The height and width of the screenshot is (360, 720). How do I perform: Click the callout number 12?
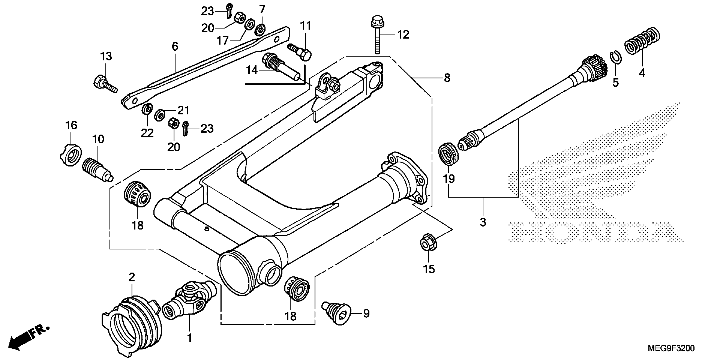403,35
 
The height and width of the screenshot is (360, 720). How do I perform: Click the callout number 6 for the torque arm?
175,46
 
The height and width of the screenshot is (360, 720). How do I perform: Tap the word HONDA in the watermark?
595,232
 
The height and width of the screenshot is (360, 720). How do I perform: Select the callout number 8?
447,78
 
